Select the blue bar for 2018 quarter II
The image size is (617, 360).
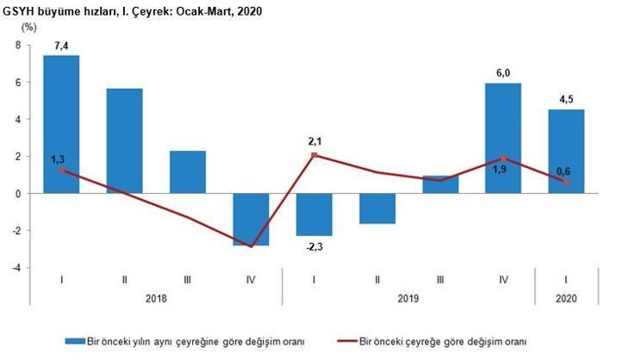point(124,140)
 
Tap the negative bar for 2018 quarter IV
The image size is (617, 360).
point(250,219)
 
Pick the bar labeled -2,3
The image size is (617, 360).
point(314,214)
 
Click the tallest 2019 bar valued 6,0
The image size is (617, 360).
point(503,138)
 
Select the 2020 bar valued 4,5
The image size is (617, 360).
point(566,152)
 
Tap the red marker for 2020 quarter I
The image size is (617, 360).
point(566,182)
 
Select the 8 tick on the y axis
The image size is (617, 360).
point(16,46)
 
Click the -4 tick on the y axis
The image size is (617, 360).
point(15,267)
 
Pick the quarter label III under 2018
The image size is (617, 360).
point(187,279)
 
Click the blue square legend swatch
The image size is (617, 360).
point(76,341)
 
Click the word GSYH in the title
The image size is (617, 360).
point(21,10)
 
